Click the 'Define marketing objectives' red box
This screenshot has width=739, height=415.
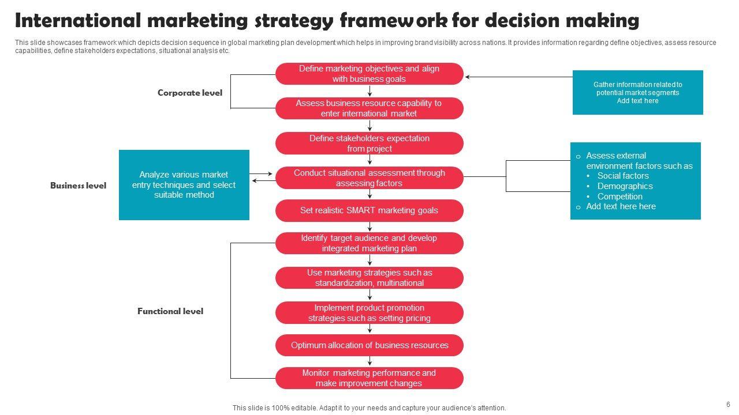tap(369, 74)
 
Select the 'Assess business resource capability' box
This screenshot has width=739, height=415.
tap(369, 108)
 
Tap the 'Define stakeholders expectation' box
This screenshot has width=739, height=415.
tap(369, 144)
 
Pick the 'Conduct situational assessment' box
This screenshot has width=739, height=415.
tap(369, 178)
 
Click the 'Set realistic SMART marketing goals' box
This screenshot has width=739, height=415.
tap(369, 210)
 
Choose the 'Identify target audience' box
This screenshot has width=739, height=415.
tap(369, 243)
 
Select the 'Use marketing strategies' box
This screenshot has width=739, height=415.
tap(369, 278)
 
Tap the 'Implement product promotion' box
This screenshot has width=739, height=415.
tap(369, 313)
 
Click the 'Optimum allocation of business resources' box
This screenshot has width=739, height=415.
tap(369, 345)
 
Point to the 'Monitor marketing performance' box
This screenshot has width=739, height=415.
tap(369, 378)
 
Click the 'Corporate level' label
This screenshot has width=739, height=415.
tap(189, 93)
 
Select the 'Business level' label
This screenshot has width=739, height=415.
tap(78, 186)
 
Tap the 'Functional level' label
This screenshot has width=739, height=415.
tap(170, 311)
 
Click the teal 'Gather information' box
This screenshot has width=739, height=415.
tap(637, 93)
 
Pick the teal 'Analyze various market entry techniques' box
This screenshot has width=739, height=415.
tap(184, 185)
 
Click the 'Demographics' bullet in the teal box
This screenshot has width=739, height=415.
tap(625, 186)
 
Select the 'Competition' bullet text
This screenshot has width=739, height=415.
tap(619, 197)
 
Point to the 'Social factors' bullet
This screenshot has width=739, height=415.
tap(623, 176)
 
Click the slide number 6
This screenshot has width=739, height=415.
tap(728, 405)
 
